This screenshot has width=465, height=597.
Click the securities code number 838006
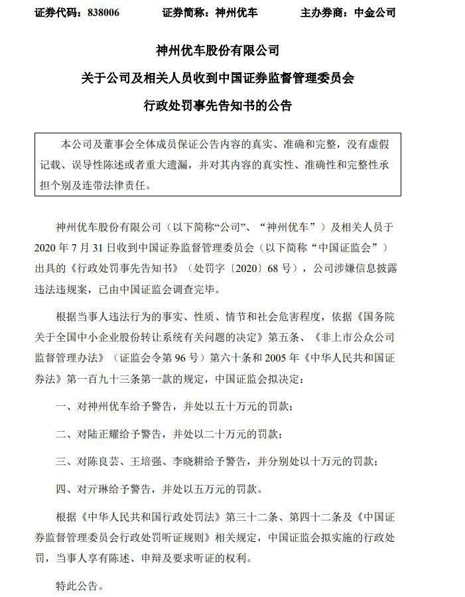tap(103, 13)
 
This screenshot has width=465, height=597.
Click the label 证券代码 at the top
tap(56, 13)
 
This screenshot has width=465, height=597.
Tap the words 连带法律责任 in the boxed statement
tap(117, 186)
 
